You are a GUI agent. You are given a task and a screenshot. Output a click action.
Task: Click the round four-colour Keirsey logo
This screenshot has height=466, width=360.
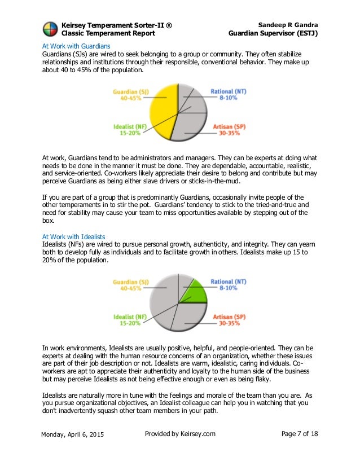coord(50,29)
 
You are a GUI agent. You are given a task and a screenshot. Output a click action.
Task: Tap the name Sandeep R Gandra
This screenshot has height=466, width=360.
coord(288,25)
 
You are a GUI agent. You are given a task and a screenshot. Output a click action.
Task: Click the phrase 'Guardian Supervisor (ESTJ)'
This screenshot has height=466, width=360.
coord(273,33)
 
